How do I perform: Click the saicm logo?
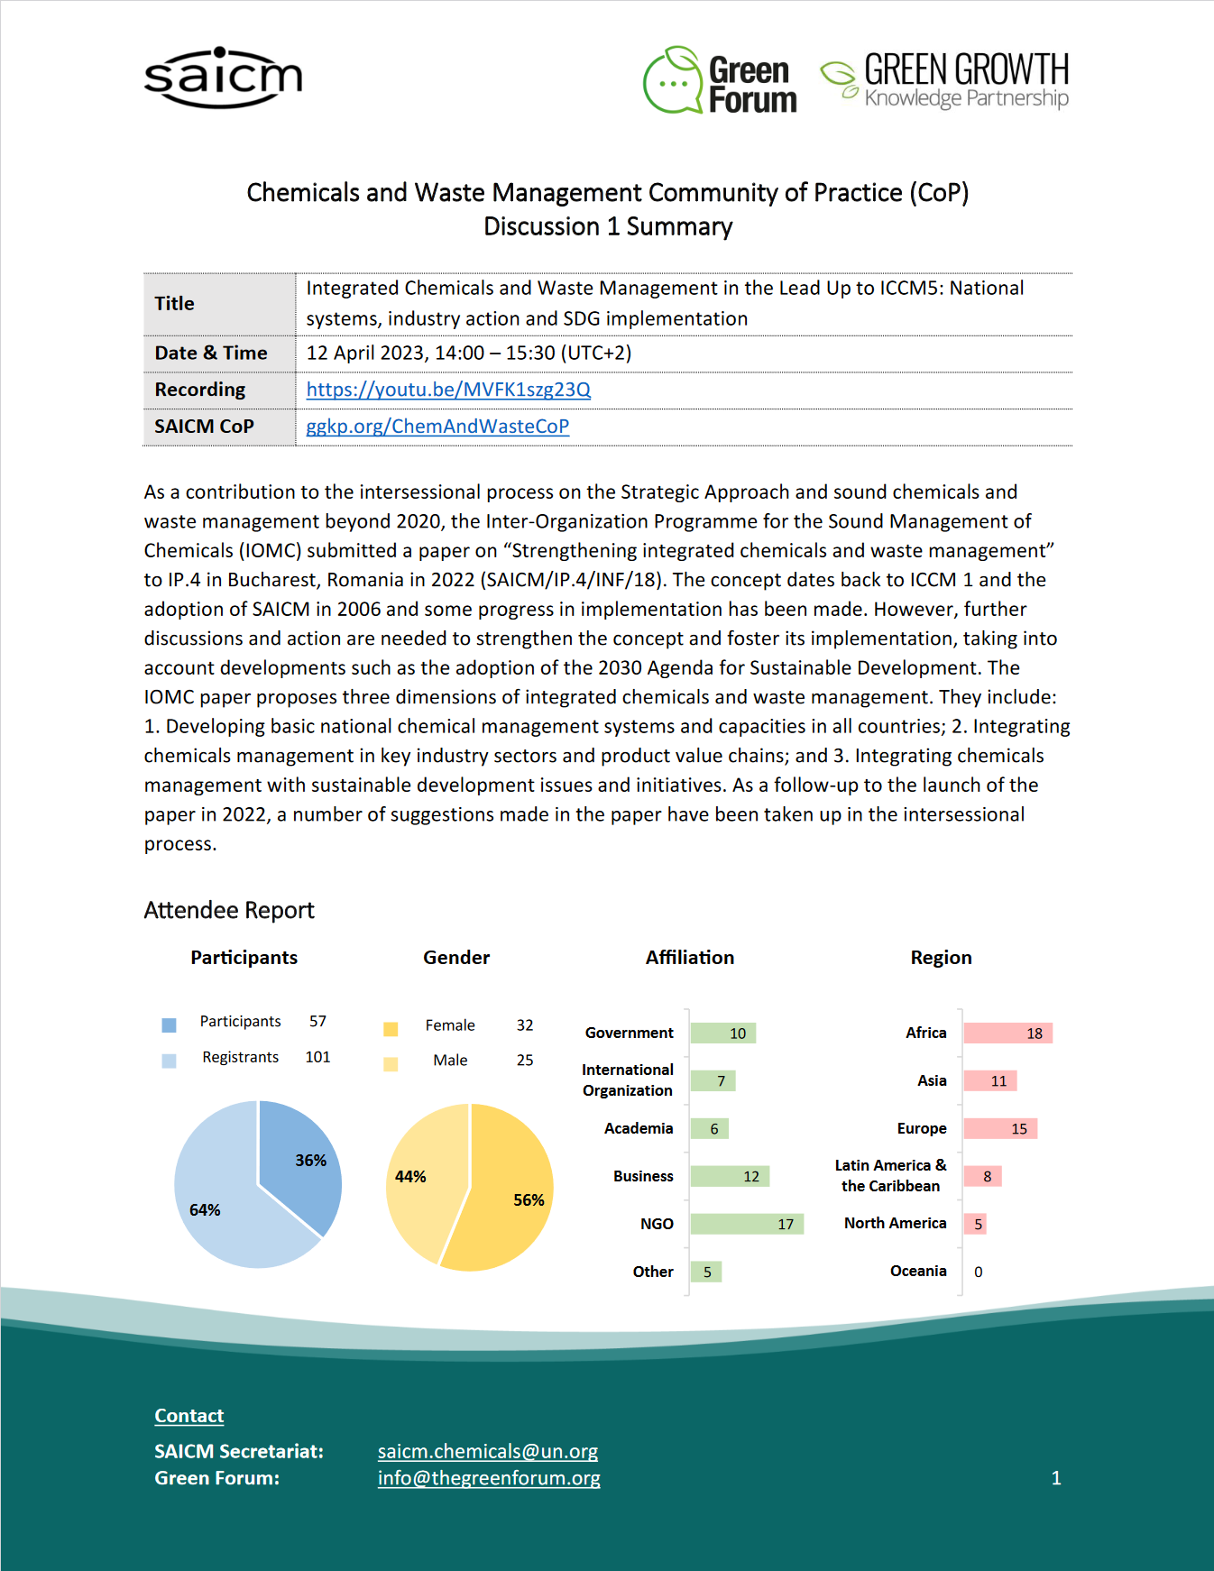(x=223, y=78)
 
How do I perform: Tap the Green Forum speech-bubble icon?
(x=673, y=81)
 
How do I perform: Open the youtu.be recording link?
(x=448, y=390)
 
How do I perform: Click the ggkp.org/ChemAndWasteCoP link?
(x=437, y=427)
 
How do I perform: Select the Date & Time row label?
(x=211, y=354)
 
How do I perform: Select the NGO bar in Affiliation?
(x=746, y=1224)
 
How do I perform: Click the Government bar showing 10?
(x=722, y=1034)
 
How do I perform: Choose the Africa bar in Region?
(x=1007, y=1034)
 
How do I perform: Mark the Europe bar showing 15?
(x=1000, y=1129)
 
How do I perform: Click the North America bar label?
(x=895, y=1224)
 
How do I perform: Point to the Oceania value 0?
(x=979, y=1272)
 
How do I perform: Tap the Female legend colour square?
(x=391, y=1029)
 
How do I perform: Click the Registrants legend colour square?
(x=169, y=1061)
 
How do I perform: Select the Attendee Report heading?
(x=229, y=911)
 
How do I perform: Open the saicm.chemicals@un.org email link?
(x=487, y=1452)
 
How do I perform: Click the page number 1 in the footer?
(x=1056, y=1478)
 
